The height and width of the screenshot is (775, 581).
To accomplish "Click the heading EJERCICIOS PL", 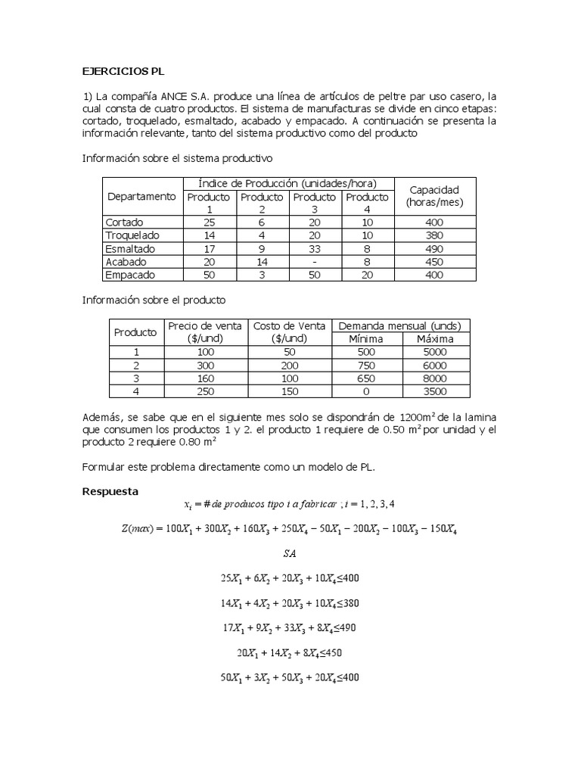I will coord(123,72).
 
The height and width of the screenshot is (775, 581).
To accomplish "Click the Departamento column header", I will coord(141,196).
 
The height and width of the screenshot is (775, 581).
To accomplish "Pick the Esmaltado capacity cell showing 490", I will coord(434,248).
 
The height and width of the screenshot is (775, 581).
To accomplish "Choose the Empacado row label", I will coord(130,275).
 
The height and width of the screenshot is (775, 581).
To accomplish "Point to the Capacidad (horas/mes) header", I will coord(434,195).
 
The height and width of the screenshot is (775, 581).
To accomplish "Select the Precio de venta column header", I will coord(205,331).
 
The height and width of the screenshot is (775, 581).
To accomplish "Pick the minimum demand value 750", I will coord(365,365).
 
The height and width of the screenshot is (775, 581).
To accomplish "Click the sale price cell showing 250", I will coord(205,391).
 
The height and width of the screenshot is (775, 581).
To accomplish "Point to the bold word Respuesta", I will coord(110,491).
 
